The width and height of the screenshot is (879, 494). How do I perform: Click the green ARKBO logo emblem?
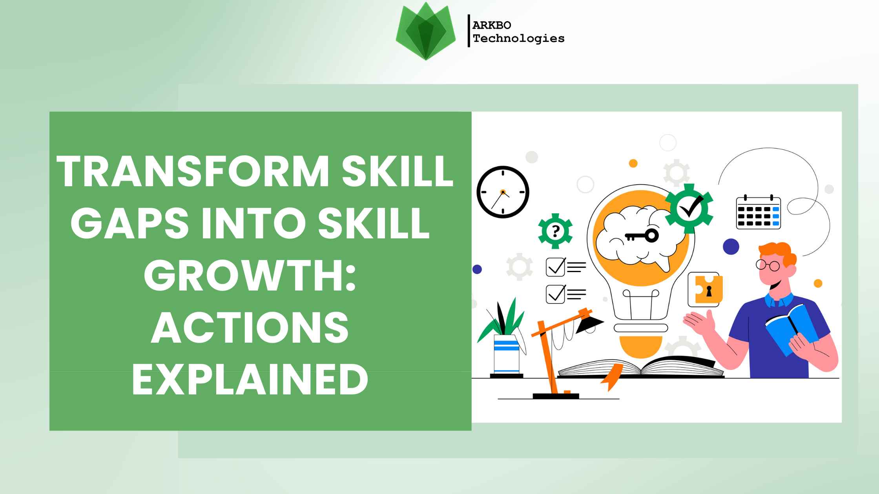coord(426,31)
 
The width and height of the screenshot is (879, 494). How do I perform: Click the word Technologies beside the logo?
coord(518,38)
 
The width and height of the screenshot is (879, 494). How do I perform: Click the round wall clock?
coord(503,192)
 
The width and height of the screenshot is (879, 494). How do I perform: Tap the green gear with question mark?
coord(555,231)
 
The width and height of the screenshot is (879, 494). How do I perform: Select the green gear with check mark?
coord(689,208)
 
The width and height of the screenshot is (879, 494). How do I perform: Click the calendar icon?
coord(758,212)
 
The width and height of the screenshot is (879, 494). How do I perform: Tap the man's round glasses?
coord(768,265)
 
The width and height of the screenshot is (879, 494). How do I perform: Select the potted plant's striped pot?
coord(506,354)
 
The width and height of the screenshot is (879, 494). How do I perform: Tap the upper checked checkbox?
coord(555,267)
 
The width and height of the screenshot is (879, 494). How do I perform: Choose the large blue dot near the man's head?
coord(731,247)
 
